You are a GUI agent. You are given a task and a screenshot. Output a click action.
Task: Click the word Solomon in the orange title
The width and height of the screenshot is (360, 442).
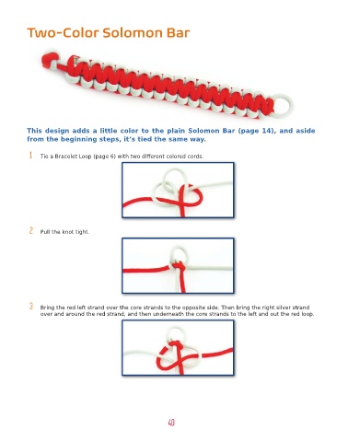pos(134,33)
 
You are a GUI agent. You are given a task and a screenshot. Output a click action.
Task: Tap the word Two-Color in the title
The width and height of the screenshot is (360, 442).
pos(63,33)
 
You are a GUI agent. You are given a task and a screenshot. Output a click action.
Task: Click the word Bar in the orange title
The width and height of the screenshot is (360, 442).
pos(179,33)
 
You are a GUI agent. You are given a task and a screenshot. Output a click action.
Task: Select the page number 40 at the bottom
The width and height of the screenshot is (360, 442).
pos(171,423)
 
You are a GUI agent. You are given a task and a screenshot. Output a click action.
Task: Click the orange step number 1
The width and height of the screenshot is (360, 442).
pos(30,156)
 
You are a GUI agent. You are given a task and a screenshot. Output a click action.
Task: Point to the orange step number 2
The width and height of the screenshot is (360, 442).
pos(31,230)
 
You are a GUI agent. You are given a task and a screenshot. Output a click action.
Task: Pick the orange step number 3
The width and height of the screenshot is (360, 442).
pos(31,306)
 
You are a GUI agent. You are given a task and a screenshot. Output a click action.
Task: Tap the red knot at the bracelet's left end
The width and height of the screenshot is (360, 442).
pos(49,60)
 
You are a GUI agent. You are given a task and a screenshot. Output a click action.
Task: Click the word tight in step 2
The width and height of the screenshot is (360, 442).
pos(82,232)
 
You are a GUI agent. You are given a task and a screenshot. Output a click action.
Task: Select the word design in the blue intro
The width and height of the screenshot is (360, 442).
pos(57,131)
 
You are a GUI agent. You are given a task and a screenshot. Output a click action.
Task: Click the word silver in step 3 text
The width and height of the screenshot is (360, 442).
pos(284,308)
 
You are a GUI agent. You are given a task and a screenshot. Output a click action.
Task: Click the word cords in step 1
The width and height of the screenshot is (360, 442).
pos(196,157)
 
